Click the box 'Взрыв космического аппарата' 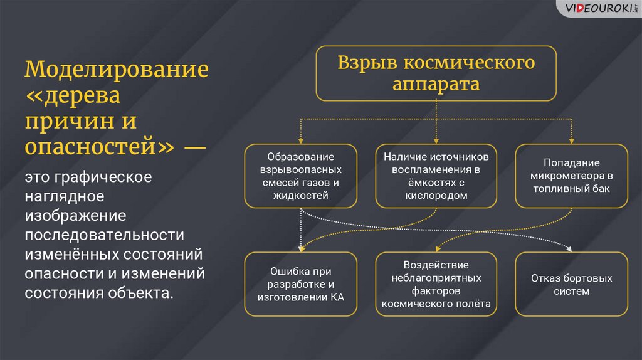pos(436,73)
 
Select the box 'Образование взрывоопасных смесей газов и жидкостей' pos(300,176)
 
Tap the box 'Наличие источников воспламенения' pos(436,176)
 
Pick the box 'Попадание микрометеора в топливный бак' pos(572,176)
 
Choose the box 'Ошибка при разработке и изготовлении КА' pos(300,284)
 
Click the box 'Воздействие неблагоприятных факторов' pos(436,284)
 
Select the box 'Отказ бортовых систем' pos(572,284)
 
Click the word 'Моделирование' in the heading pos(117,69)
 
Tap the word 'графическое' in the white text pos(103,177)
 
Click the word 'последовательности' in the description pos(105,235)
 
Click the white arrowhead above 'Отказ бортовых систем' pos(569,248)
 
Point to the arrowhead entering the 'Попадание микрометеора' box pos(572,141)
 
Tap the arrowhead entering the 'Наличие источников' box pos(436,141)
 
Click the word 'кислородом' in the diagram pos(436,196)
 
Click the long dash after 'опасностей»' pos(195,147)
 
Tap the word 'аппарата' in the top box pos(436,85)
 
